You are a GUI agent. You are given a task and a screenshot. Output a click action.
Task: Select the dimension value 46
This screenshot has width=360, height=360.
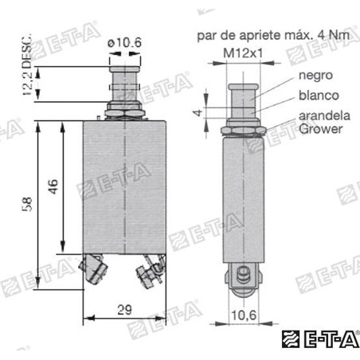pos(52,186)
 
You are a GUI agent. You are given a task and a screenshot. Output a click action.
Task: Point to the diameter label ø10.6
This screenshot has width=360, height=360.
pos(125,42)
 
